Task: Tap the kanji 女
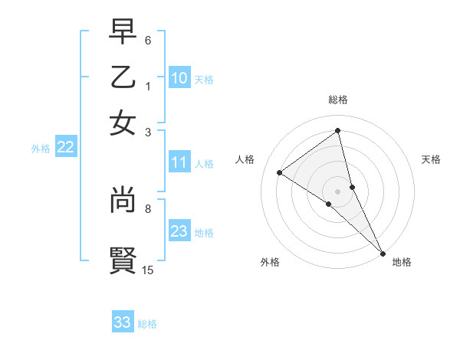point(123,123)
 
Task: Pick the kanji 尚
point(123,199)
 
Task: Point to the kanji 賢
point(123,259)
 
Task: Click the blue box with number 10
point(179,77)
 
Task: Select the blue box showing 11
point(179,162)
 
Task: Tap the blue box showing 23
point(179,231)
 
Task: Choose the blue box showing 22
point(65,148)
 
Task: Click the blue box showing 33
point(123,322)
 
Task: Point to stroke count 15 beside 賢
point(148,270)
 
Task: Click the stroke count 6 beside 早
point(148,40)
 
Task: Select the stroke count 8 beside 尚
point(148,208)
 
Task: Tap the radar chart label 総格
point(338,100)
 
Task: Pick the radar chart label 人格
point(245,159)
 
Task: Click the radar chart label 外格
point(270,262)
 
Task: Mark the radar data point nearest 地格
point(383,253)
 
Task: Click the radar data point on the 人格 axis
point(280,172)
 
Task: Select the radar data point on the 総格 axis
point(338,130)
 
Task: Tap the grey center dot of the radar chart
point(338,191)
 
